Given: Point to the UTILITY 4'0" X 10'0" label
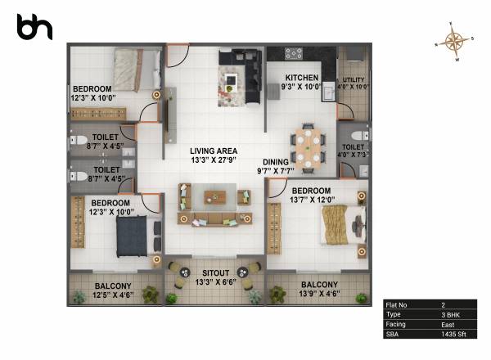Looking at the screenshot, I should (x=354, y=83).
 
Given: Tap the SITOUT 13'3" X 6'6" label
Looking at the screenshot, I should (x=216, y=278).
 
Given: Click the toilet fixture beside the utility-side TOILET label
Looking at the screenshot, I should (x=353, y=135).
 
